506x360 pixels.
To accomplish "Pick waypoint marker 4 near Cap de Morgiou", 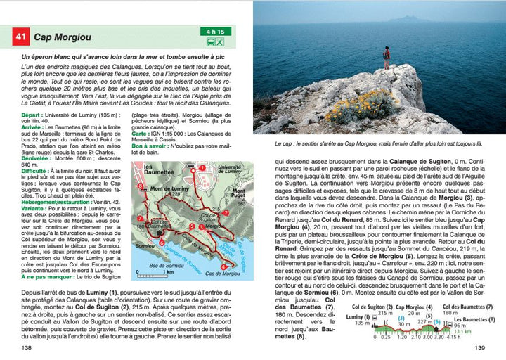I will pos(225,266).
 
